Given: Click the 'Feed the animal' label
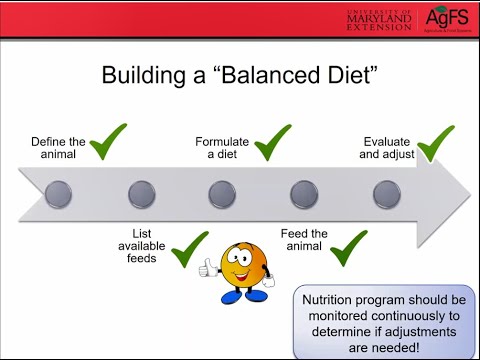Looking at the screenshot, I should [304, 241].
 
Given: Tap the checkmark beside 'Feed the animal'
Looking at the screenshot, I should [350, 247].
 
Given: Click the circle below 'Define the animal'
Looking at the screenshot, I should [61, 193].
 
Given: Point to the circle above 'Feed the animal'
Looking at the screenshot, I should [304, 193].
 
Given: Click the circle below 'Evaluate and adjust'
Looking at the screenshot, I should [386, 193].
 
